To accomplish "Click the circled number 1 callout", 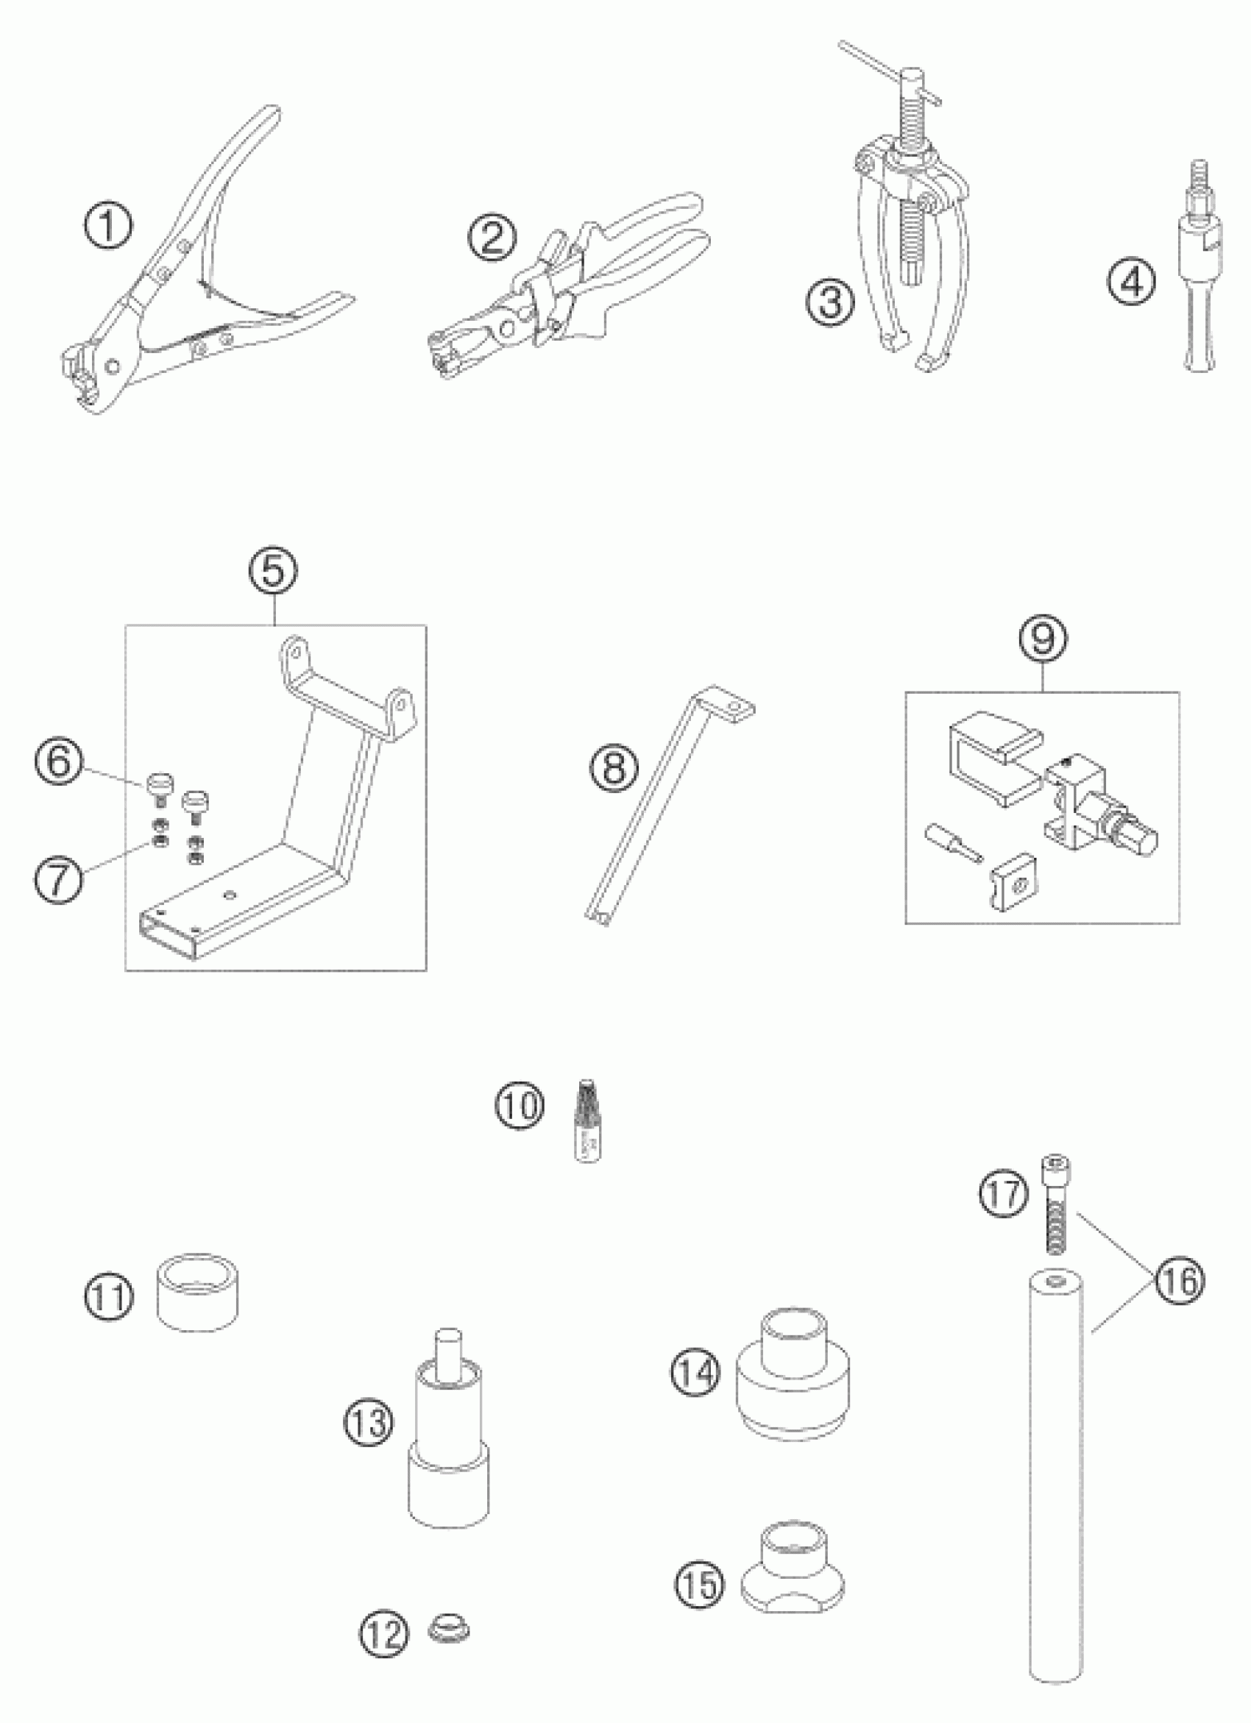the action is pyautogui.click(x=109, y=227).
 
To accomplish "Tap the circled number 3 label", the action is pyautogui.click(x=830, y=302).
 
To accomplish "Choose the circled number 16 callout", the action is pyautogui.click(x=1180, y=1282).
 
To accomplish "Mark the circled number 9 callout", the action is pyautogui.click(x=1042, y=639).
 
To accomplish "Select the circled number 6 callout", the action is pyautogui.click(x=57, y=762).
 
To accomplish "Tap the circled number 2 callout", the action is pyautogui.click(x=491, y=238).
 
